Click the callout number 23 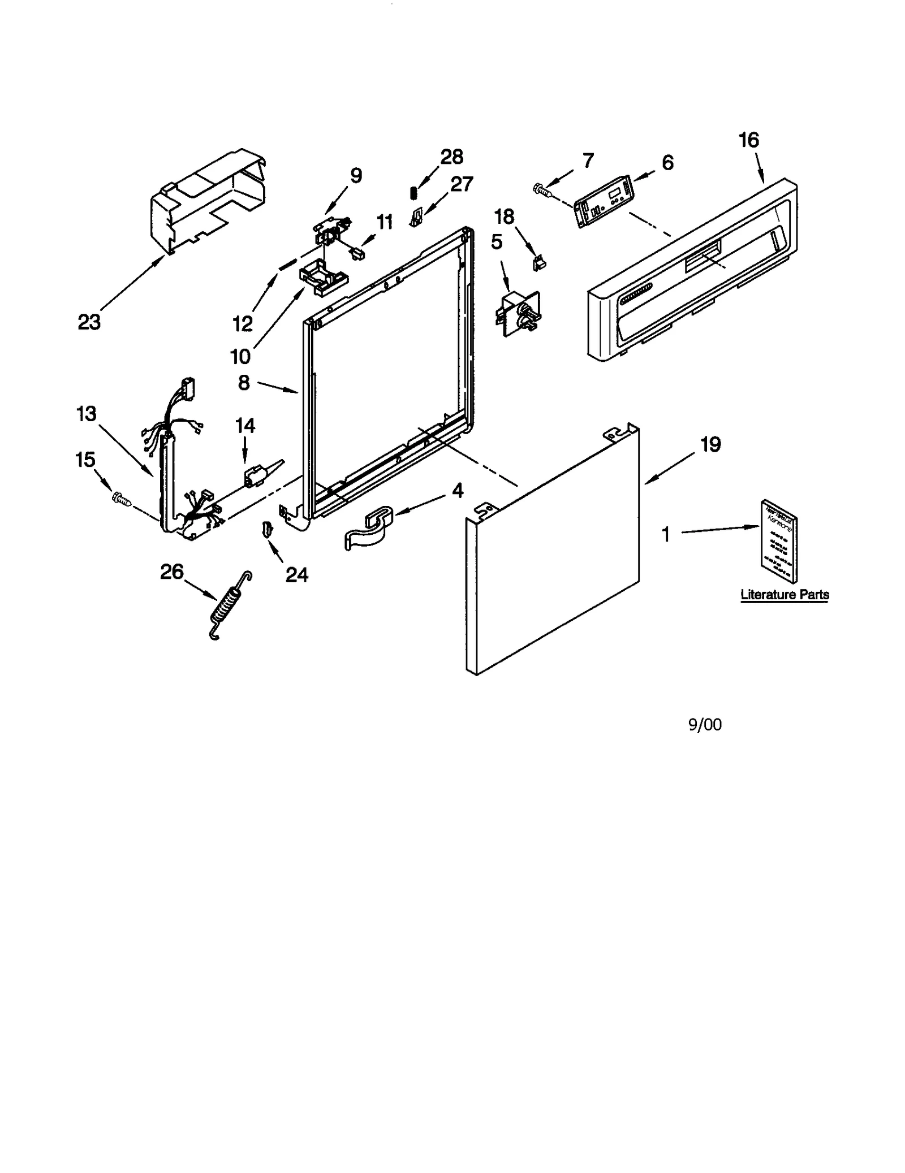(89, 322)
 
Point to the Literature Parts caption (785, 595)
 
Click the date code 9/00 (704, 725)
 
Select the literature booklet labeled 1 (779, 541)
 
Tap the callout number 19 (710, 444)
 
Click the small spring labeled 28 (413, 192)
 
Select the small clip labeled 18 (539, 262)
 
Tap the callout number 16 (749, 140)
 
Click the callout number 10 (240, 356)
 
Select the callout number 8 (244, 383)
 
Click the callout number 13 (86, 414)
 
